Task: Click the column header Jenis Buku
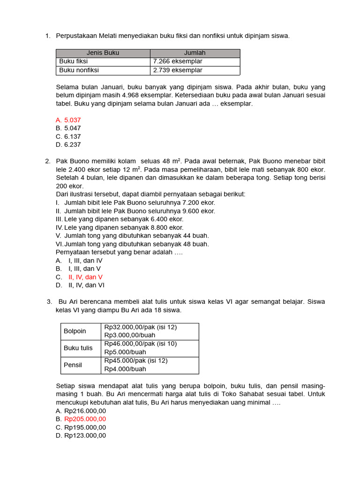(x=103, y=53)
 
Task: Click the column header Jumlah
(x=195, y=53)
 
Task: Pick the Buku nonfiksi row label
(x=79, y=70)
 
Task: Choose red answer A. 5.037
(x=68, y=120)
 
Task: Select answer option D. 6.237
(x=68, y=145)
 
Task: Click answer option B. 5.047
(x=68, y=128)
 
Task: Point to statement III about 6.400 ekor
(x=120, y=219)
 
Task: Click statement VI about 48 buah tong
(x=132, y=244)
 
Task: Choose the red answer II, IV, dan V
(x=85, y=277)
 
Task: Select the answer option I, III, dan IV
(x=85, y=260)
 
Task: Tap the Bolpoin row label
(x=75, y=331)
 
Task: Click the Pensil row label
(x=73, y=365)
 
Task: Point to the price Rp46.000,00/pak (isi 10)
(x=141, y=344)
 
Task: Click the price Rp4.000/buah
(x=125, y=369)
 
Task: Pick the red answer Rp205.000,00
(x=85, y=419)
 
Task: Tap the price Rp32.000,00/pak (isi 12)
(x=141, y=327)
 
